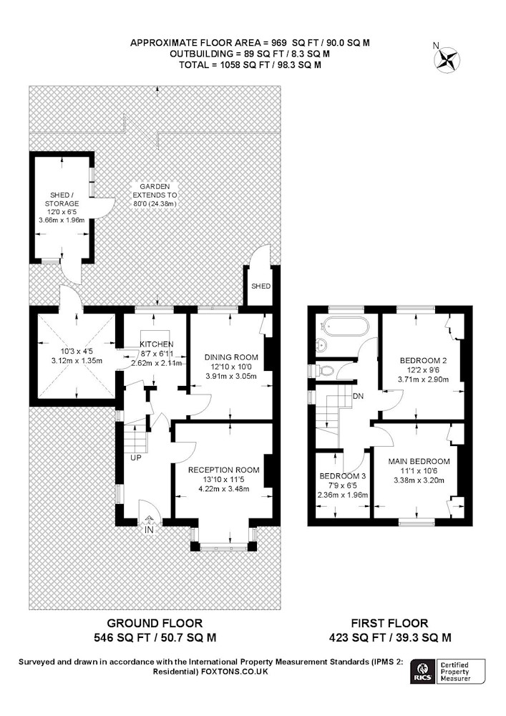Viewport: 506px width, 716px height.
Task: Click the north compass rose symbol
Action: tap(446, 60)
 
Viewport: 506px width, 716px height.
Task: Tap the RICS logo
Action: tap(422, 672)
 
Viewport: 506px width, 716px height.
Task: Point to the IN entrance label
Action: tap(149, 530)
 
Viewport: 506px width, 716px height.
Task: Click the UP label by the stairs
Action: tap(136, 457)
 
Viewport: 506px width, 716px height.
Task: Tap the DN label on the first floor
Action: tap(358, 396)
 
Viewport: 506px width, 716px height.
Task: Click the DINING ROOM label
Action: tap(231, 357)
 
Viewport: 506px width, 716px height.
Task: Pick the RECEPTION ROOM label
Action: tap(223, 470)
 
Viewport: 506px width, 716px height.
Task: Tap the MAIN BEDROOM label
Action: tap(419, 461)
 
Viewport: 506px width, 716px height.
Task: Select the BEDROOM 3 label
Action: tap(343, 476)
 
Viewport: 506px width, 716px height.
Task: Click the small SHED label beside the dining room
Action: tap(261, 286)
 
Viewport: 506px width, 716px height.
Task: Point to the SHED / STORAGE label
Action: tap(62, 199)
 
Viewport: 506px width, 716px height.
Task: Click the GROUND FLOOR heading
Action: tap(155, 623)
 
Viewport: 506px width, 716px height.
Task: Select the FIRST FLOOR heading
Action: tap(389, 623)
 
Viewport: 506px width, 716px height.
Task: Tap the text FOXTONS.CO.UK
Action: tap(235, 672)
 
